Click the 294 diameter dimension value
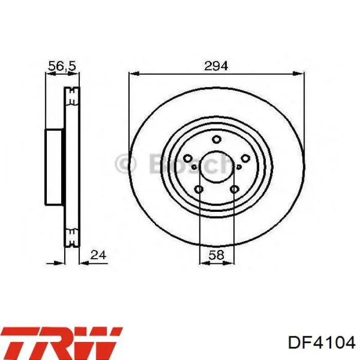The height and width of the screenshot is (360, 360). click(216, 66)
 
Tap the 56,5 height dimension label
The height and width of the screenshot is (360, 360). click(62, 66)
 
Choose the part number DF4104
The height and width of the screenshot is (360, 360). click(321, 342)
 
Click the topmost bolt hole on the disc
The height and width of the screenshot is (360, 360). click(217, 138)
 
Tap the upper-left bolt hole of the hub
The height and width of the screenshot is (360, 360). click(188, 158)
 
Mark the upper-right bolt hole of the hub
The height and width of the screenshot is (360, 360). click(245, 158)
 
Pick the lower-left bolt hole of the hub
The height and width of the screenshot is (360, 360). click(199, 190)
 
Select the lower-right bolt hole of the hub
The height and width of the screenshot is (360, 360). click(234, 190)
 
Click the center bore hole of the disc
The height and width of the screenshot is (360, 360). click(217, 167)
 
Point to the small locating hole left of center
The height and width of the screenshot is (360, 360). click(193, 167)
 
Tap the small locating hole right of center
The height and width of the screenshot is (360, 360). click(240, 167)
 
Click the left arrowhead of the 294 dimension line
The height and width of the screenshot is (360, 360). click(132, 74)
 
